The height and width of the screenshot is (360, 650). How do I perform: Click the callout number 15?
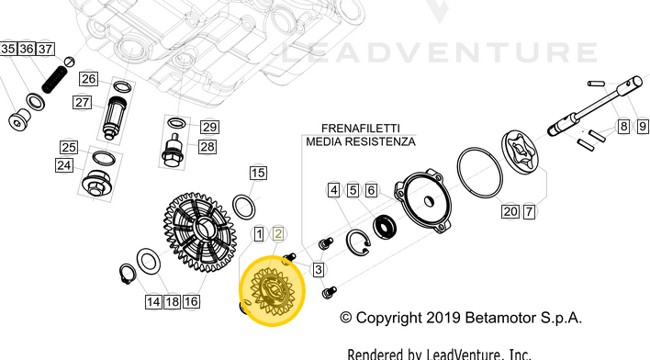(258, 173)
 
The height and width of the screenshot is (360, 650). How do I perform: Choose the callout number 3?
(318, 269)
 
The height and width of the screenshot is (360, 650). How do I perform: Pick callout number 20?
(510, 211)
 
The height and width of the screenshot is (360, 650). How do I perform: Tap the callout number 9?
(641, 126)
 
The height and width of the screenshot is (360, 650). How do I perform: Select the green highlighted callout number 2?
(278, 234)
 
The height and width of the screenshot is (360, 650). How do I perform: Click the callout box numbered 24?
(63, 165)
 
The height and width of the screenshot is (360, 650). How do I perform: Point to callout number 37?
(45, 49)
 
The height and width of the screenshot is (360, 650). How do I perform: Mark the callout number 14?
(151, 301)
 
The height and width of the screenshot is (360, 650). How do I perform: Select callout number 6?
(371, 191)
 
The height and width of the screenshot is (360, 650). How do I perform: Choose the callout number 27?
(83, 102)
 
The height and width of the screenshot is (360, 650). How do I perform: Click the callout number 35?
(7, 49)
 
